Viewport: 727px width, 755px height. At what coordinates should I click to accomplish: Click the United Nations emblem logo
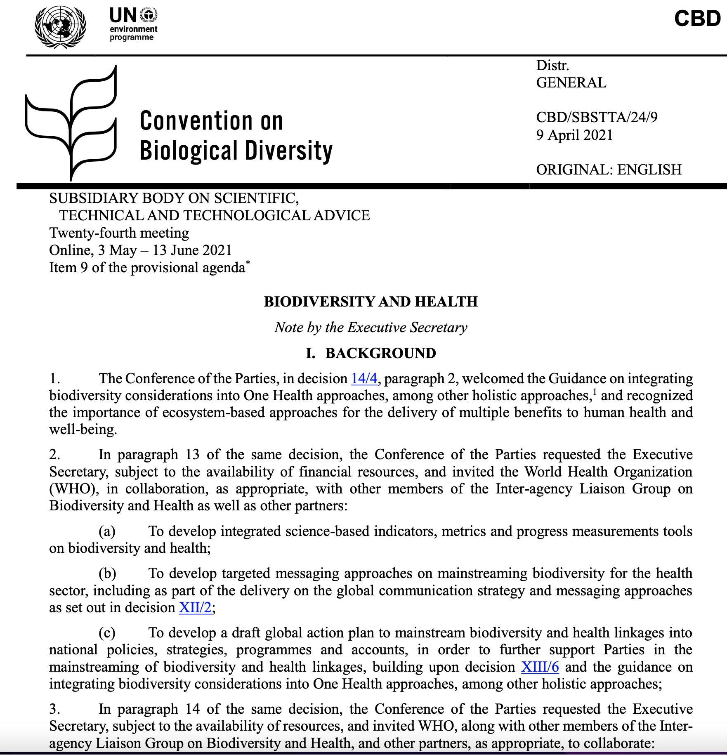[x=60, y=27]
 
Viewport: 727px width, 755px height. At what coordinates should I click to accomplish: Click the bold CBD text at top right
[x=697, y=19]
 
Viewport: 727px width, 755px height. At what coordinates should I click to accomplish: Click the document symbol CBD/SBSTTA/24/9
[x=596, y=118]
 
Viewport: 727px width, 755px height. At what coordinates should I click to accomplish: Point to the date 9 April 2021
[x=574, y=135]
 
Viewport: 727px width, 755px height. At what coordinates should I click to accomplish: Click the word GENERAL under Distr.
[x=571, y=83]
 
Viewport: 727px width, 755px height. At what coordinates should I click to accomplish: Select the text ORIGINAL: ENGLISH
[x=609, y=170]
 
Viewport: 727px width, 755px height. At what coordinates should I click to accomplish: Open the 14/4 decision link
[x=363, y=378]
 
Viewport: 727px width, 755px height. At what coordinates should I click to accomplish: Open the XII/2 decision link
[x=195, y=608]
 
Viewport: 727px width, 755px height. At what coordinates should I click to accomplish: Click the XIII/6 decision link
[x=540, y=667]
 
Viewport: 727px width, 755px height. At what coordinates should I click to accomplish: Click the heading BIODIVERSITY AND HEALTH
[x=371, y=302]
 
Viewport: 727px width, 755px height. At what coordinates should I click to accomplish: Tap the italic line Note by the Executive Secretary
[x=371, y=328]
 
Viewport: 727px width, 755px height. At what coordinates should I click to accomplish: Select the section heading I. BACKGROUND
[x=371, y=353]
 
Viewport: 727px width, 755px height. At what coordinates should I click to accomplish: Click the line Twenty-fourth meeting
[x=119, y=233]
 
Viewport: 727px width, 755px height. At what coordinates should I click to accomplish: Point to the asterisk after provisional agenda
[x=248, y=262]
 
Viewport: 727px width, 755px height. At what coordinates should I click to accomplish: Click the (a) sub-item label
[x=107, y=531]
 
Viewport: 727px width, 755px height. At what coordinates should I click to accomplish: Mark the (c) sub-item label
[x=107, y=633]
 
